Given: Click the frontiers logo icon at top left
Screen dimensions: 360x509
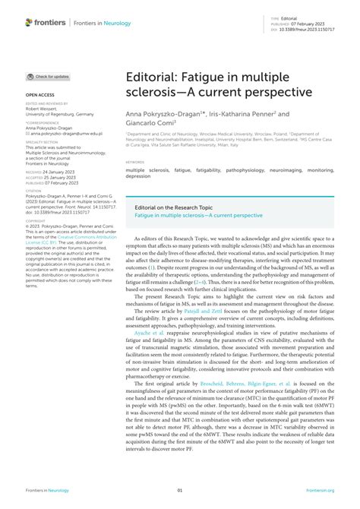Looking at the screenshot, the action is [30, 22].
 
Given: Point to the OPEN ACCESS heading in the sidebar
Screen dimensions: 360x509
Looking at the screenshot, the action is [41, 95].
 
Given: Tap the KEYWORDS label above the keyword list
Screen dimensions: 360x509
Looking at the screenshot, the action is [136, 162].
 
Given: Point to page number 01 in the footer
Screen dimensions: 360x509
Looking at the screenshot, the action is [180, 492].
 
